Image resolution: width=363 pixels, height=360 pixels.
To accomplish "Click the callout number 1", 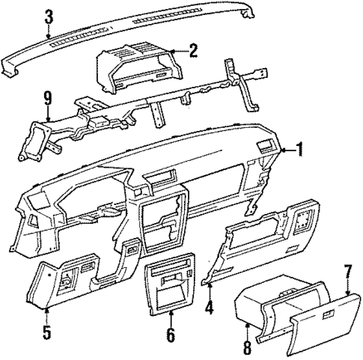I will [x=300, y=150].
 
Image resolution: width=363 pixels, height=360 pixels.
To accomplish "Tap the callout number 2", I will [x=193, y=51].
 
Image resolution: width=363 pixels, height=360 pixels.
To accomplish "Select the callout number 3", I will [x=49, y=16].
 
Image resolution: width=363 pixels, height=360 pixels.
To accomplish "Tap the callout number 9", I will [x=48, y=96].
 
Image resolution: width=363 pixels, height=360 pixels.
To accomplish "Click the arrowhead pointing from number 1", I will [x=284, y=151].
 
